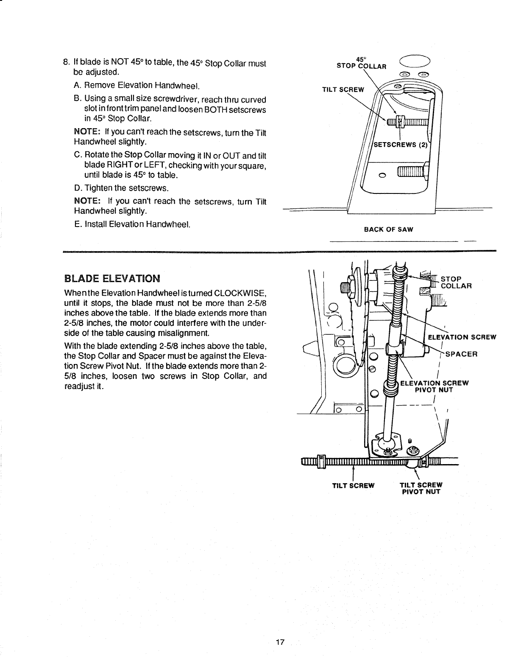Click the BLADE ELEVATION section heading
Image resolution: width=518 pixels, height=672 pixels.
click(112, 279)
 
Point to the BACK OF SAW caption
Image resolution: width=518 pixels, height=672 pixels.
click(388, 230)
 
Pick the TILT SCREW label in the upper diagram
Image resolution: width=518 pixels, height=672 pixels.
click(343, 90)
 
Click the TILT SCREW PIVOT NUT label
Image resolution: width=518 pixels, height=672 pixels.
click(421, 489)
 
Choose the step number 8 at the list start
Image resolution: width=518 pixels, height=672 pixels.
click(66, 64)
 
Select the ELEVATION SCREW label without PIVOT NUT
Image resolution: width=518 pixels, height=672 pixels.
click(462, 337)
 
